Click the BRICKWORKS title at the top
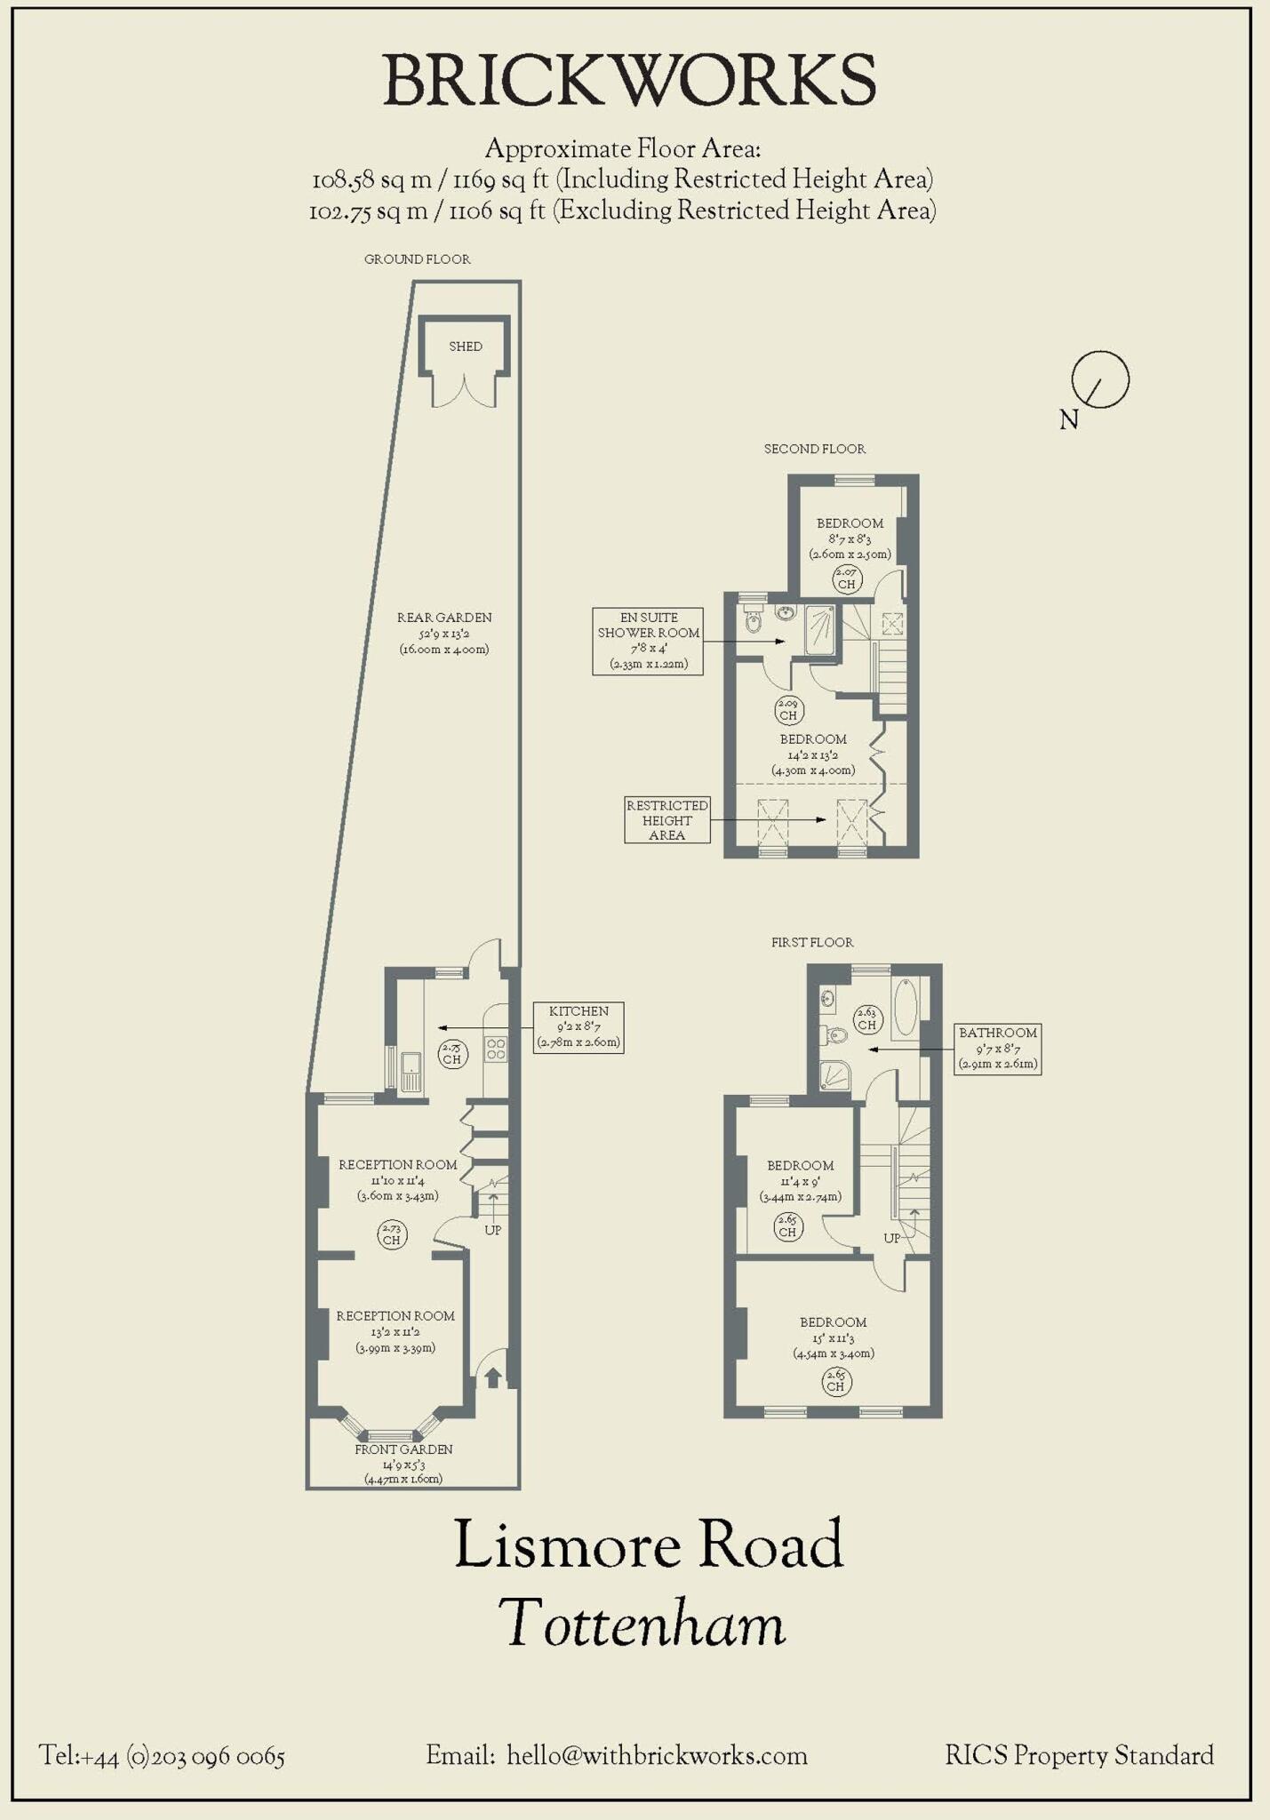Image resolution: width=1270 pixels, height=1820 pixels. (629, 81)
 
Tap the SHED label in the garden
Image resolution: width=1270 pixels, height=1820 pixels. (466, 347)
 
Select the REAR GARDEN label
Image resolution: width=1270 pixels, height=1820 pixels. (444, 633)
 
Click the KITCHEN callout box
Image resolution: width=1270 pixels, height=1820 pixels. (579, 1027)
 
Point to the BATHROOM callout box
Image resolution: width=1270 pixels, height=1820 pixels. (997, 1049)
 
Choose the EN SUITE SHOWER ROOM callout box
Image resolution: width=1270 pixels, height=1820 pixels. (648, 641)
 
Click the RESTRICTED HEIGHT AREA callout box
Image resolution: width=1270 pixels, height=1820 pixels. (667, 819)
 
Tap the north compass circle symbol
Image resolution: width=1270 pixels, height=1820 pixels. (1100, 379)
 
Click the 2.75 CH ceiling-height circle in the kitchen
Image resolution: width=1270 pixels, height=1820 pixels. (452, 1054)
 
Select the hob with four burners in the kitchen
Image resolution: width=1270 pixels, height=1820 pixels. (496, 1050)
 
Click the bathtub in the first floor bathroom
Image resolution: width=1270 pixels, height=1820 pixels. (906, 1008)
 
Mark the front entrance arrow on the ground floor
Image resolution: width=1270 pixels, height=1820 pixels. (492, 1377)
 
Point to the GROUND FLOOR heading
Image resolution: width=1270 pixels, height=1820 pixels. (417, 259)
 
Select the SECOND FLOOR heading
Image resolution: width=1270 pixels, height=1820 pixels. (814, 450)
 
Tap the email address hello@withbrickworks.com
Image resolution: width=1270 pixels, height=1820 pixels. (657, 1756)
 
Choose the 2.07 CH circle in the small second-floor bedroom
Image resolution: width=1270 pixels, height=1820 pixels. (846, 579)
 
